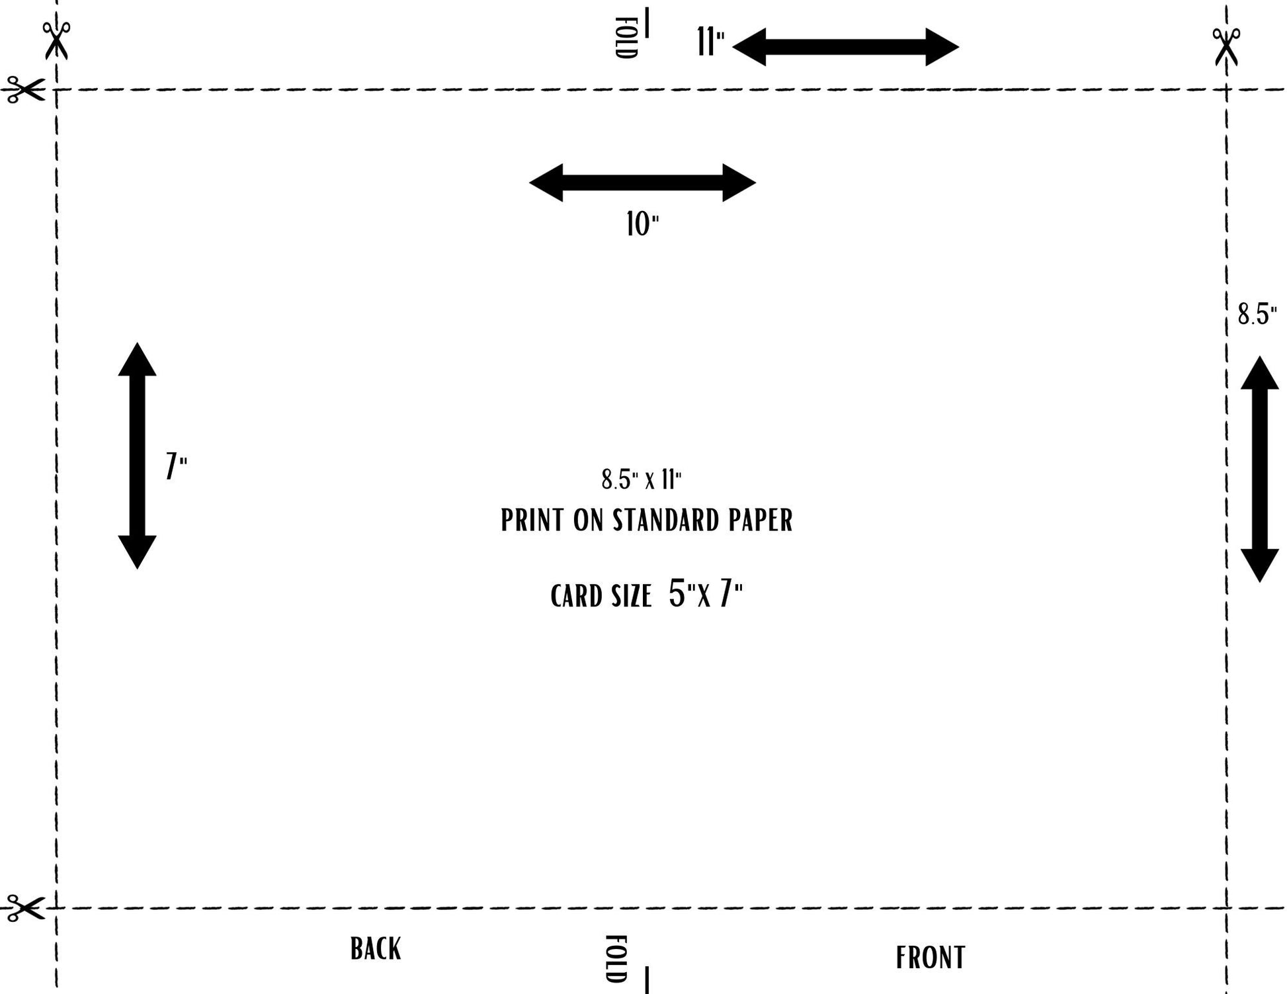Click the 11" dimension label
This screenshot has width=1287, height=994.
click(x=710, y=42)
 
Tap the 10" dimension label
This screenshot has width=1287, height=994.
click(x=642, y=224)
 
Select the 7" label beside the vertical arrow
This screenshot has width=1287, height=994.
click(x=176, y=466)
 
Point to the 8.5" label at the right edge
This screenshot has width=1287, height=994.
click(x=1257, y=314)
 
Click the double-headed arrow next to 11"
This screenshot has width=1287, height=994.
click(x=845, y=47)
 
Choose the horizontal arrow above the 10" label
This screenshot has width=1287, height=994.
click(x=642, y=183)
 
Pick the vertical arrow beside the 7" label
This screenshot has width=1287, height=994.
click(x=137, y=456)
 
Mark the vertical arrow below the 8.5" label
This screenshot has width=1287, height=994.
click(x=1259, y=469)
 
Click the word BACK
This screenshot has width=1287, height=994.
click(x=376, y=949)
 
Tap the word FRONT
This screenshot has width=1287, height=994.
click(x=931, y=958)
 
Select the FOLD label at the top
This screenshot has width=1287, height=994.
click(x=626, y=38)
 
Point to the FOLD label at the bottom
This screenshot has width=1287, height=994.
click(x=616, y=958)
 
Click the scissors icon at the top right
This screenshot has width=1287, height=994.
click(x=1226, y=46)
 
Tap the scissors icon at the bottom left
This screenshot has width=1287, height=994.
click(x=25, y=907)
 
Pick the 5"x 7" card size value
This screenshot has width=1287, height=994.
click(x=705, y=593)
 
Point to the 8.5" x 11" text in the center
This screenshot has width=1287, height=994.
click(x=641, y=479)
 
